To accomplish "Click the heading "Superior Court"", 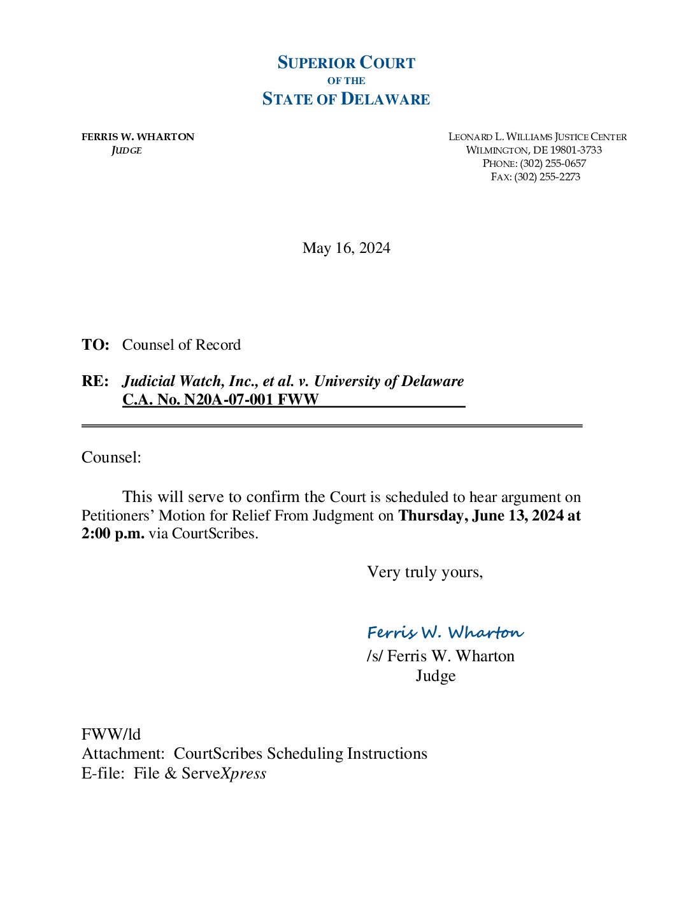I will [346, 62].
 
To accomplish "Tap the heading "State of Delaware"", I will [346, 99].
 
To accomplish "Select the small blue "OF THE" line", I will [346, 81].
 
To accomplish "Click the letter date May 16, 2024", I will [346, 248].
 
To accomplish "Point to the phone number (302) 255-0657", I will [552, 164].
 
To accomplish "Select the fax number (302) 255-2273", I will [547, 177].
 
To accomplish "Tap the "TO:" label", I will [96, 345].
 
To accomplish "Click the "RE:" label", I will [95, 381].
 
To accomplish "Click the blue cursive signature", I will [445, 632].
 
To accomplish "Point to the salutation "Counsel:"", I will [111, 457].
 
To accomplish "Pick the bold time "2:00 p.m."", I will [113, 533].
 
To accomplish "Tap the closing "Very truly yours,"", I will [425, 572].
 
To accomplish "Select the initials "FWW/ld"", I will [111, 734].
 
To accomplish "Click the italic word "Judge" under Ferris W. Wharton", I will [126, 150].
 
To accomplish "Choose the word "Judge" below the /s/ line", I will [436, 675].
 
